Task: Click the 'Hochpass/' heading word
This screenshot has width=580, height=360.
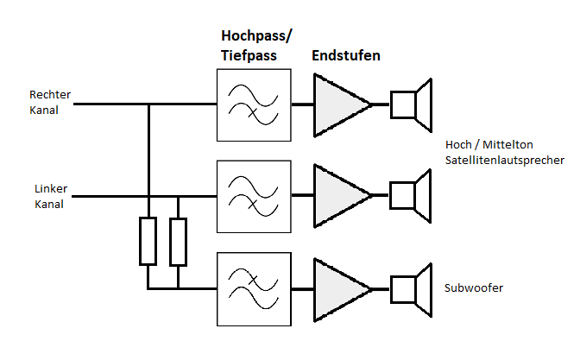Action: pos(257,36)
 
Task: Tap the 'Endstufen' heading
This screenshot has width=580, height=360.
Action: pos(346,55)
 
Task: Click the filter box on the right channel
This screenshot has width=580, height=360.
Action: pos(253,104)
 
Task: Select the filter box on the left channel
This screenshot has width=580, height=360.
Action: pos(253,196)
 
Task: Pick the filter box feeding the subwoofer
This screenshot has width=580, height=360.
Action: pos(253,287)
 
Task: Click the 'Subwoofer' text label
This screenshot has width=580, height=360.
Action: pos(474,287)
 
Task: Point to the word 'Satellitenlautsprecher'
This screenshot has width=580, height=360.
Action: pos(505,161)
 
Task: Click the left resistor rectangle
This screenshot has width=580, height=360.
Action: pos(148,242)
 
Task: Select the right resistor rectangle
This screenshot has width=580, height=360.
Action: pos(178,242)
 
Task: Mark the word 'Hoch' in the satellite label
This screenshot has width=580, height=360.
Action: pos(458,144)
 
